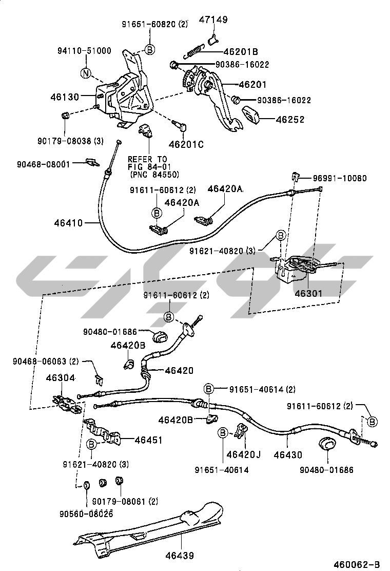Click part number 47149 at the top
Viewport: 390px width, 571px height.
[213, 20]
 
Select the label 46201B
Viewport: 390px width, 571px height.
[241, 52]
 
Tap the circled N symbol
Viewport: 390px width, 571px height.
[86, 73]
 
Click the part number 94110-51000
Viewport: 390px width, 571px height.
[84, 50]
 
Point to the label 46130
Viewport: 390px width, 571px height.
[65, 96]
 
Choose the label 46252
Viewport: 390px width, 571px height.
[290, 119]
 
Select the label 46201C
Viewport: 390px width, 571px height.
[186, 144]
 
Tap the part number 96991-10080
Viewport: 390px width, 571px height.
[340, 178]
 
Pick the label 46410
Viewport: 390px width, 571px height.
[69, 223]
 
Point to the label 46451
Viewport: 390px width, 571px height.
[148, 440]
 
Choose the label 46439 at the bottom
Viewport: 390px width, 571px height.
[181, 555]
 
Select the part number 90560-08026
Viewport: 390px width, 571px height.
[86, 513]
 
